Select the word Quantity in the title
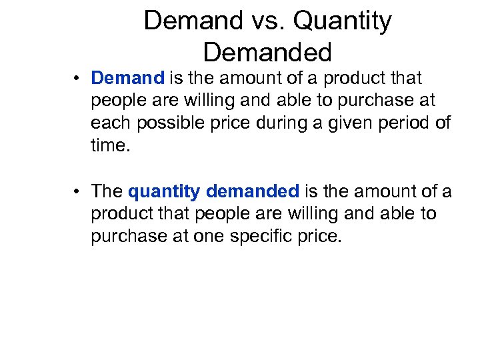coord(342,21)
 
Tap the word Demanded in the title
coord(267,51)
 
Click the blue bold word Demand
coord(127,78)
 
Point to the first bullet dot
coord(78,79)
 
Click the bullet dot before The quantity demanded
coord(78,192)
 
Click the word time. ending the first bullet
coord(107,146)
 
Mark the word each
coord(111,123)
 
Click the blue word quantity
coord(164,192)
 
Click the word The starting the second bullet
coord(107,191)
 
